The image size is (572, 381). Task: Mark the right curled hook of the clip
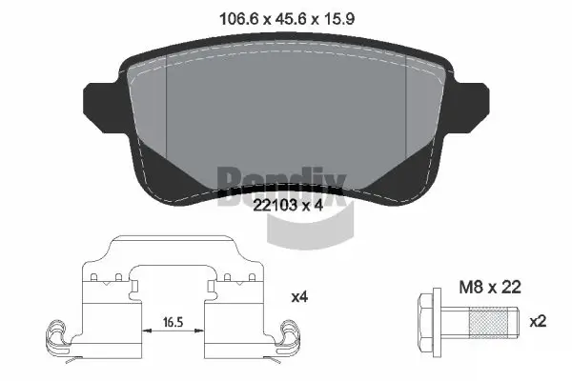(x=286, y=336)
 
